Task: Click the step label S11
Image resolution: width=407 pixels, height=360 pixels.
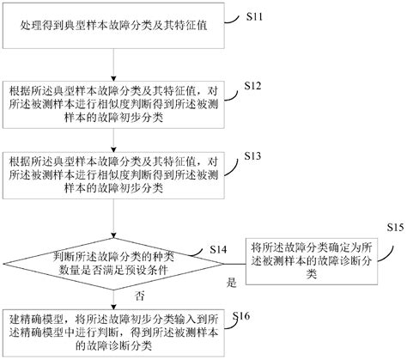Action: [254, 16]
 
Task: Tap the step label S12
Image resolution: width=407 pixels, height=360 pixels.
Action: [252, 86]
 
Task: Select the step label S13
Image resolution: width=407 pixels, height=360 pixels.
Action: [252, 156]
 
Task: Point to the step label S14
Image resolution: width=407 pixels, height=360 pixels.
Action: [218, 249]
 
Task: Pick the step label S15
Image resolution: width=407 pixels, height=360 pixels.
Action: [396, 228]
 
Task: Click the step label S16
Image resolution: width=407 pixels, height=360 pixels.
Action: [241, 316]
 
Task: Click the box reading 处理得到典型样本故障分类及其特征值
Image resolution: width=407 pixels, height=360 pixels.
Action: [113, 26]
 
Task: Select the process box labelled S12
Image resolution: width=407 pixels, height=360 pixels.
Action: [113, 105]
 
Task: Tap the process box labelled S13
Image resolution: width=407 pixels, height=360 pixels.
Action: [113, 175]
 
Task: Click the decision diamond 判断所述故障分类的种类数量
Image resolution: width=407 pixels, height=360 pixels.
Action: [113, 264]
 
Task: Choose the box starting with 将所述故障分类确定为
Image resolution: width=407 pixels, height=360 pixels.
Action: [312, 261]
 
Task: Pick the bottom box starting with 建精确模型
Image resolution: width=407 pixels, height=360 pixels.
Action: [113, 333]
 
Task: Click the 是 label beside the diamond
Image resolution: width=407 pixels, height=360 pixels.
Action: [231, 283]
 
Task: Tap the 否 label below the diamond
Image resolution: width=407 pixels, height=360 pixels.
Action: [140, 296]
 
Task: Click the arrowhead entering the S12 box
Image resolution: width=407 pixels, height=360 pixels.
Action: [113, 79]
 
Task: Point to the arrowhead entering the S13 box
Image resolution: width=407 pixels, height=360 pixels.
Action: [113, 149]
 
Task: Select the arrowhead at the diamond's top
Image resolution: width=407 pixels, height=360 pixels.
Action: [113, 235]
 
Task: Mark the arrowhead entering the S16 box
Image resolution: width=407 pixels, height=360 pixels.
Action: [113, 307]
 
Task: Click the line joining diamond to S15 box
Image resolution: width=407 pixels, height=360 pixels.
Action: [234, 264]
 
